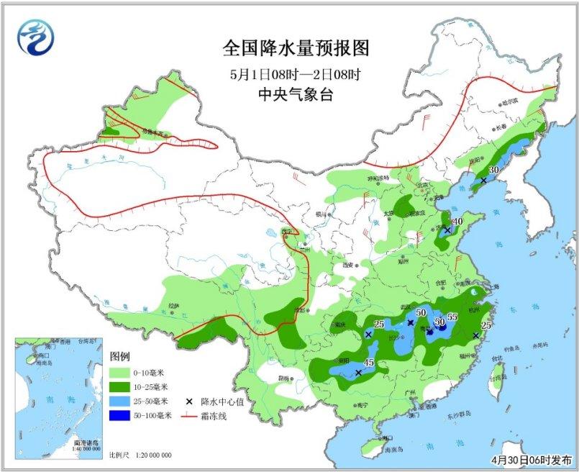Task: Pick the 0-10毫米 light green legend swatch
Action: [x=119, y=373]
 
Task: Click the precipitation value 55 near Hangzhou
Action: [x=453, y=317]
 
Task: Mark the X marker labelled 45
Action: [x=358, y=372]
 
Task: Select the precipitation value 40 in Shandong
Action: [x=457, y=222]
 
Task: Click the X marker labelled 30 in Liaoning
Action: [x=483, y=180]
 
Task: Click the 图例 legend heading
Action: [x=119, y=357]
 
